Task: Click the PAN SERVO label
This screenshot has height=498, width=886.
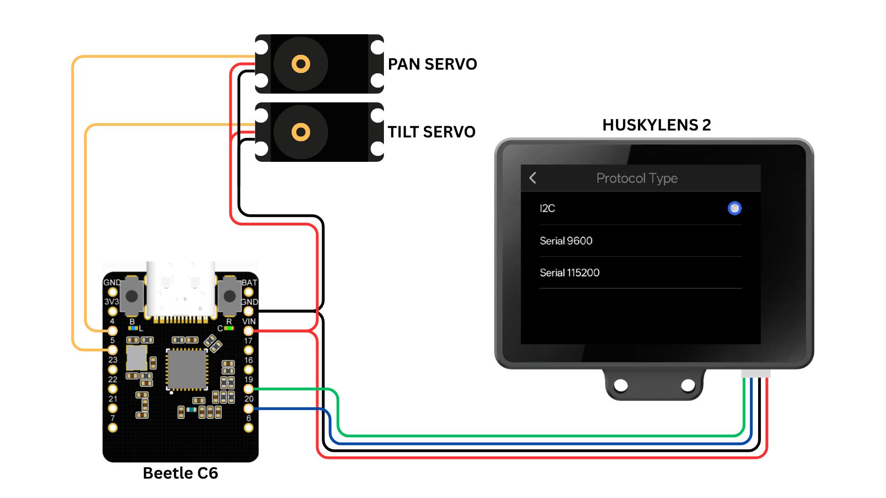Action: point(432,64)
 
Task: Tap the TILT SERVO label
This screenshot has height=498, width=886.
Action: point(431,132)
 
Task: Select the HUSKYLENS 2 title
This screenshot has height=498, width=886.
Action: point(656,125)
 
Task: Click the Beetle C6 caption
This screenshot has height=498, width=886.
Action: point(180,473)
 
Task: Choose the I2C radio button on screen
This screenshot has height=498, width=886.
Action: point(734,208)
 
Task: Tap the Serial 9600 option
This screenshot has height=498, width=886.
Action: point(566,241)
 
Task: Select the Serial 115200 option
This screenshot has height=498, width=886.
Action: point(569,273)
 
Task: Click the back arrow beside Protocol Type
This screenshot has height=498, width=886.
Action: point(533,178)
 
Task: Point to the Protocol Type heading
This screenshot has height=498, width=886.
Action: point(637,178)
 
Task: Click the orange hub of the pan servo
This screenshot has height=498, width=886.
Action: point(300,64)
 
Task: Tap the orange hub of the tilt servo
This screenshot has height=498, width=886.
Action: point(300,132)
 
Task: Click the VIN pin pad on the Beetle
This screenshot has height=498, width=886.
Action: point(248,331)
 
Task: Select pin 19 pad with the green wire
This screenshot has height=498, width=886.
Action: point(248,389)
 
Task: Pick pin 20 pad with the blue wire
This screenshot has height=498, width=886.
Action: point(248,409)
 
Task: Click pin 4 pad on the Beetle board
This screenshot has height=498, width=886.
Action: point(113,331)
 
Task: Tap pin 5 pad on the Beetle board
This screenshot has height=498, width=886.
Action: point(113,350)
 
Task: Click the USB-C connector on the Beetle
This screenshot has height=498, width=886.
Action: point(180,290)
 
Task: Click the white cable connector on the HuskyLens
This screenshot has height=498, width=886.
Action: point(755,373)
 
